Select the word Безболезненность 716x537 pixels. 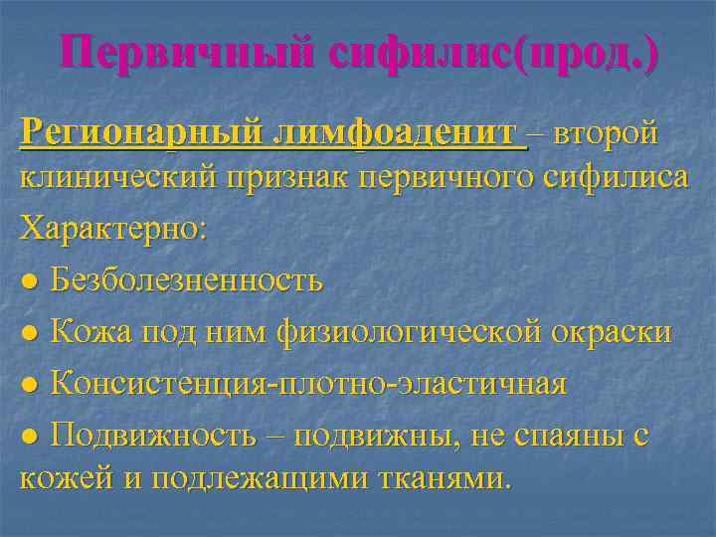tap(187, 280)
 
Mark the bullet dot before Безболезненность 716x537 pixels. tap(30, 282)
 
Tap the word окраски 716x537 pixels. tap(611, 331)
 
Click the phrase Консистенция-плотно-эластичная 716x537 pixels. tap(308, 383)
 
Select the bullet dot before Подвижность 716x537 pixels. tap(30, 436)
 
